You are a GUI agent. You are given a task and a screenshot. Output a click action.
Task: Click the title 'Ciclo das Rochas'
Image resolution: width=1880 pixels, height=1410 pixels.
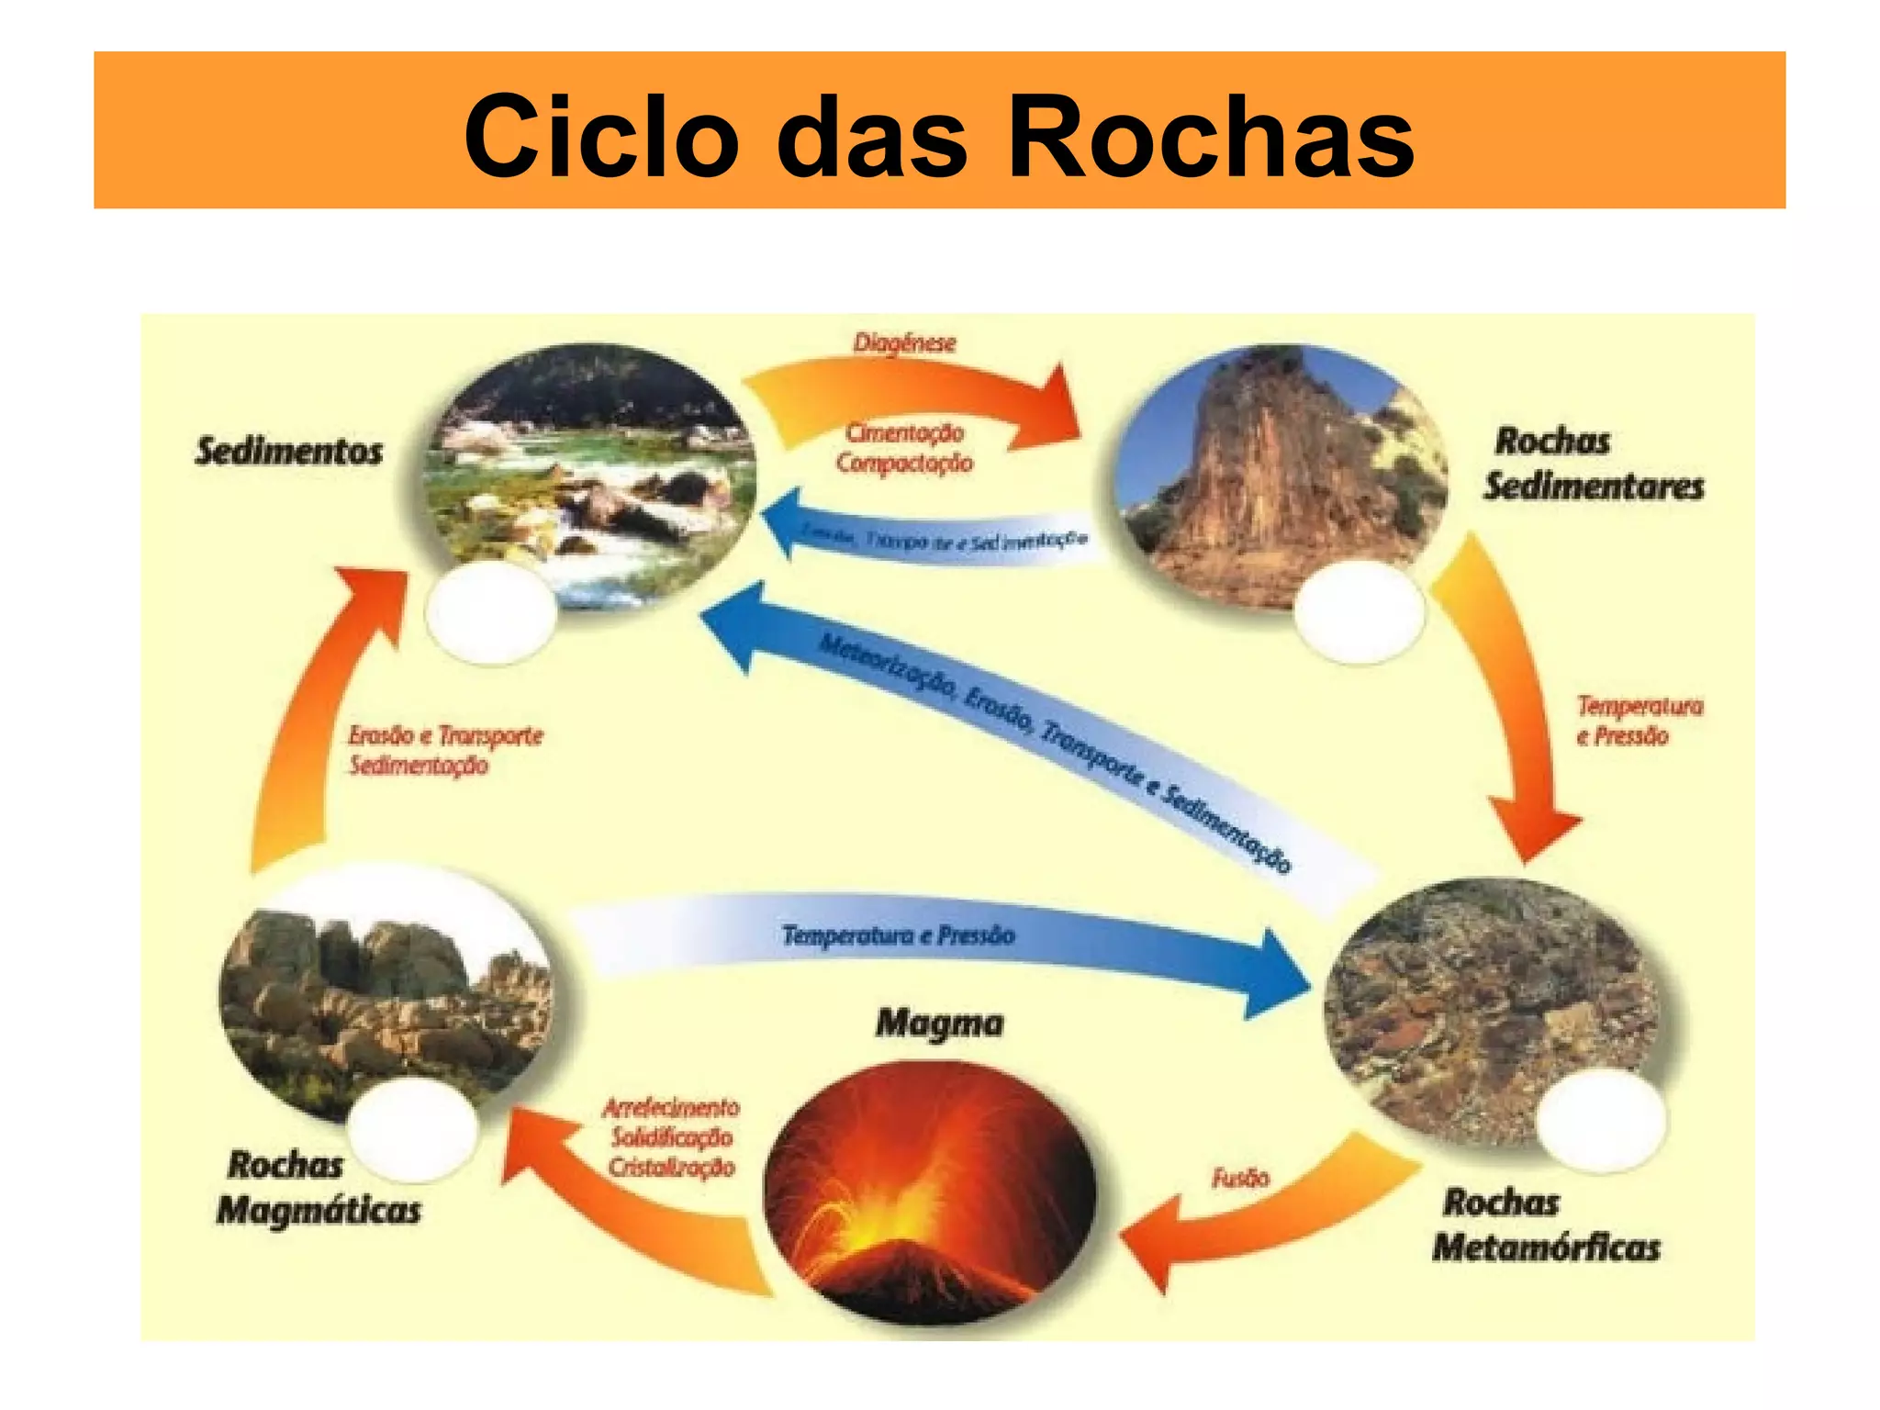click(x=939, y=135)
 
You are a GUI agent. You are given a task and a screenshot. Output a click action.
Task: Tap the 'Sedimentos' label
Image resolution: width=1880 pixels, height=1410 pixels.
click(x=288, y=452)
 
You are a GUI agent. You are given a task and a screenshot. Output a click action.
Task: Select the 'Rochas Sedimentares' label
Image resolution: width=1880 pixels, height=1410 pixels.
click(x=1594, y=464)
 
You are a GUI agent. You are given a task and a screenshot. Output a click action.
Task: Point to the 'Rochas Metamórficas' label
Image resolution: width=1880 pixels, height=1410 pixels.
click(x=1547, y=1225)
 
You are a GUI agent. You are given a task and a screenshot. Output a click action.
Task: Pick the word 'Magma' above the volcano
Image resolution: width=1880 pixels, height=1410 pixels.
click(x=939, y=1023)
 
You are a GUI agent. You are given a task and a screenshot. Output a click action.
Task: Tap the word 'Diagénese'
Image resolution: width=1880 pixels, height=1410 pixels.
click(x=904, y=343)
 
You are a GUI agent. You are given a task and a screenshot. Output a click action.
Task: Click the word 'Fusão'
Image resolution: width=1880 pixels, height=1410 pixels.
click(x=1240, y=1178)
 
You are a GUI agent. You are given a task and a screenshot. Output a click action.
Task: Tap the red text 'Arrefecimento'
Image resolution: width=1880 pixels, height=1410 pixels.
click(x=671, y=1108)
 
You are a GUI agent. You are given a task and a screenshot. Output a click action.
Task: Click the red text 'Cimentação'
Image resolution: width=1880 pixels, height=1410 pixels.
click(x=904, y=432)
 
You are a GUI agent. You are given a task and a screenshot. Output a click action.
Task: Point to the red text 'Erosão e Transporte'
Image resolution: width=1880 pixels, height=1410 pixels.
click(x=445, y=736)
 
